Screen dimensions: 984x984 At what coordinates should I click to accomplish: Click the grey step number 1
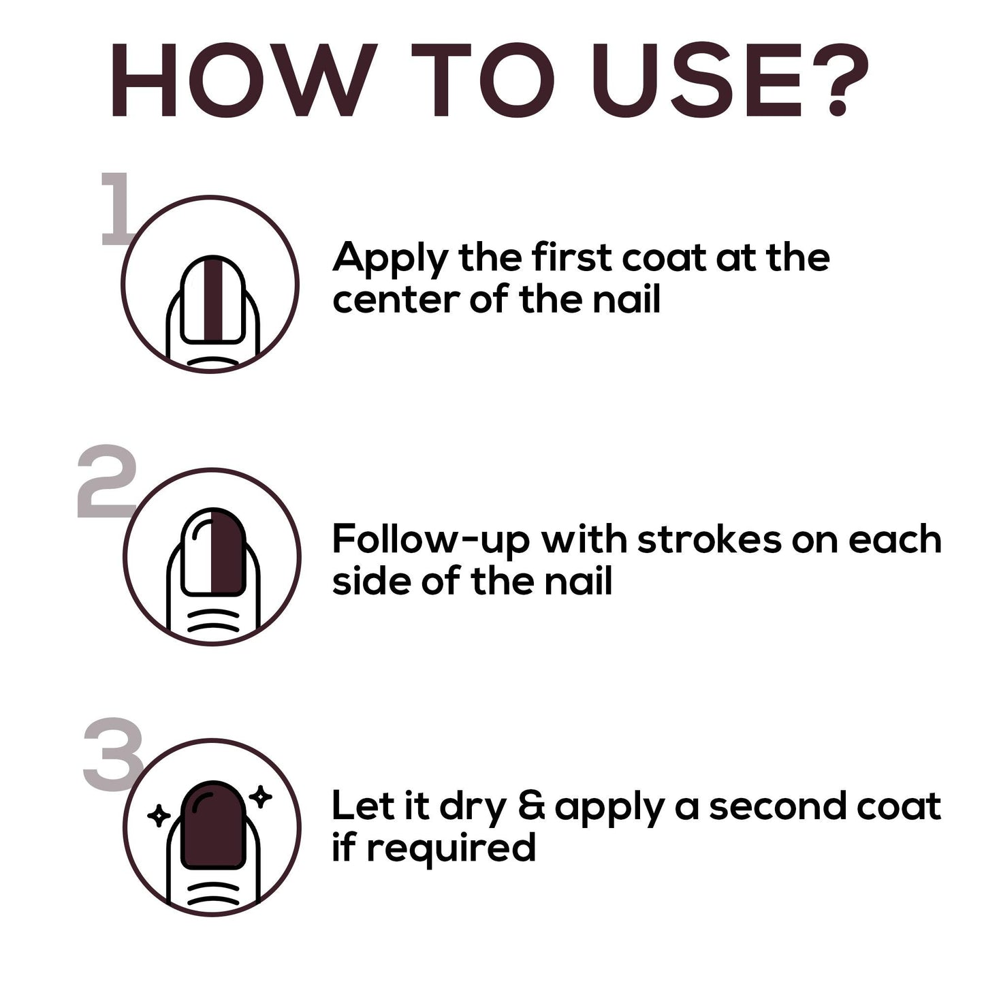[x=116, y=208]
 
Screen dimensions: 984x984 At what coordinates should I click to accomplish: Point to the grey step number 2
[x=107, y=481]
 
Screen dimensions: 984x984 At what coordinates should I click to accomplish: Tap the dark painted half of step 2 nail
[x=227, y=551]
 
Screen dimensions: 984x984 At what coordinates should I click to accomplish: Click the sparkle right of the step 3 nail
[x=260, y=797]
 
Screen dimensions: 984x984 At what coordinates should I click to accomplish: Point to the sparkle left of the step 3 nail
[x=159, y=816]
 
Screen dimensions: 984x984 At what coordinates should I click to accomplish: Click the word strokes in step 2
[x=710, y=539]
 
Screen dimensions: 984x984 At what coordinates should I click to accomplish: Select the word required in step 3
[x=451, y=848]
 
